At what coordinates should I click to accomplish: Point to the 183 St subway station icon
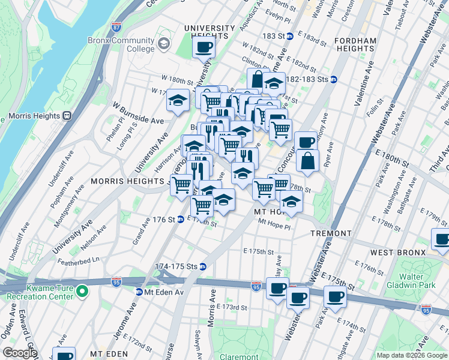289,37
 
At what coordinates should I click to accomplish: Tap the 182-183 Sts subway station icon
333,79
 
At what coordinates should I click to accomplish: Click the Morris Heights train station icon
67,115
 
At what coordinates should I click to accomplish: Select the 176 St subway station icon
180,219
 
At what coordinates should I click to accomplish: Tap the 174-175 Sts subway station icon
203,266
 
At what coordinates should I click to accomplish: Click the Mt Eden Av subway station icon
139,292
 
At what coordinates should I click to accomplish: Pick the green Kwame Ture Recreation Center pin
83,292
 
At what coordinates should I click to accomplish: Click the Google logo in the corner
19,353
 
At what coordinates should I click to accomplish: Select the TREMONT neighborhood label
331,233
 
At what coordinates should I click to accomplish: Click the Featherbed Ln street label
79,260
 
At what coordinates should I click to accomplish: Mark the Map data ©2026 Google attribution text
412,355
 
